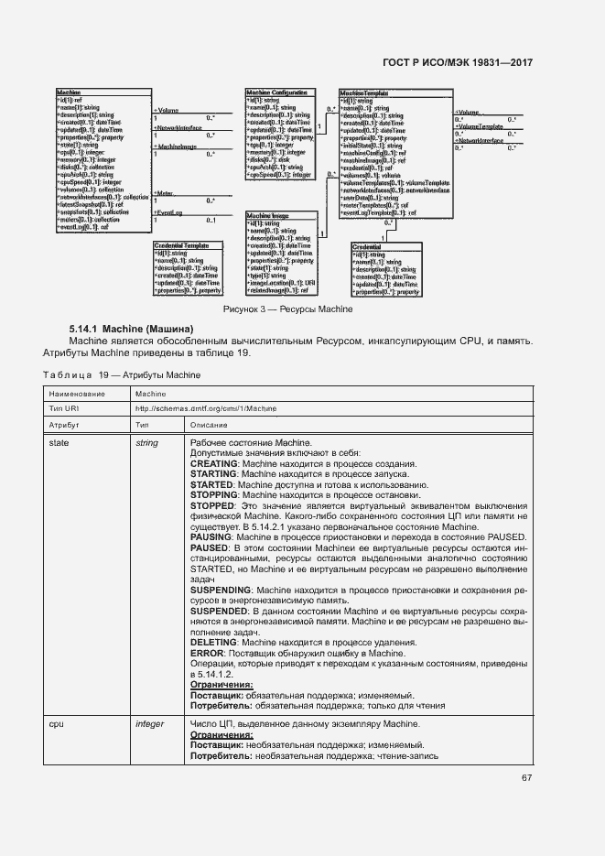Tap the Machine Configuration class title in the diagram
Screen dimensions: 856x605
pyautogui.click(x=275, y=93)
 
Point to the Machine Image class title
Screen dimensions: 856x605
pyautogui.click(x=266, y=215)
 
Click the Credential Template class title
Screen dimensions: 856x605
pyautogui.click(x=185, y=246)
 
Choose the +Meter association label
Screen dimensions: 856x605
pyautogui.click(x=164, y=193)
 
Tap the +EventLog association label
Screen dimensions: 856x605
pyautogui.click(x=167, y=213)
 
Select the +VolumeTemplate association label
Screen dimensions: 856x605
pyautogui.click(x=479, y=126)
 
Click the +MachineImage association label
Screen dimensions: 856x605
pyautogui.click(x=173, y=146)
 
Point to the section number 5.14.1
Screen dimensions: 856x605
pyautogui.click(x=83, y=328)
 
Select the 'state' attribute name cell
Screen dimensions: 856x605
pyautogui.click(x=58, y=444)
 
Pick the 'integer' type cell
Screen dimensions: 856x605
pyautogui.click(x=149, y=723)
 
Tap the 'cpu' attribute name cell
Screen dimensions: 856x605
pyautogui.click(x=55, y=723)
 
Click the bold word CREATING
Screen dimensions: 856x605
pyautogui.click(x=213, y=464)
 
